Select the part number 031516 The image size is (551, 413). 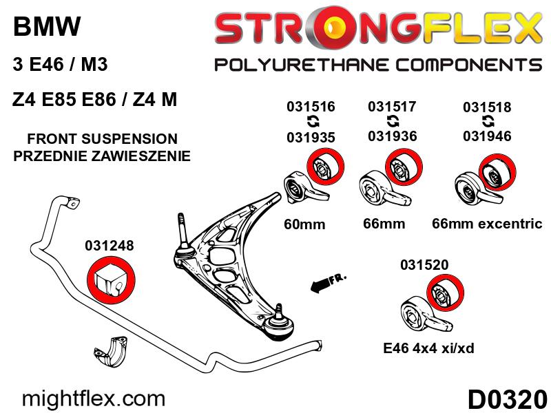point(311,107)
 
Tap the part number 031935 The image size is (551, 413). point(311,136)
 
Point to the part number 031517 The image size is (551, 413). point(392,107)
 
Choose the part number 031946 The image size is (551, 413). point(487,136)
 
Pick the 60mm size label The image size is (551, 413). point(304,224)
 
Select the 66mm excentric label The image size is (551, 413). point(487,224)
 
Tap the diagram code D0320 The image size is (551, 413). point(507,399)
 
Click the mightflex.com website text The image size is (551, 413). point(94,399)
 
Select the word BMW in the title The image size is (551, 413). point(47,28)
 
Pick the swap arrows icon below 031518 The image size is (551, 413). point(487,121)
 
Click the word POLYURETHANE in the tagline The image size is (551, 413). point(306,65)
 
